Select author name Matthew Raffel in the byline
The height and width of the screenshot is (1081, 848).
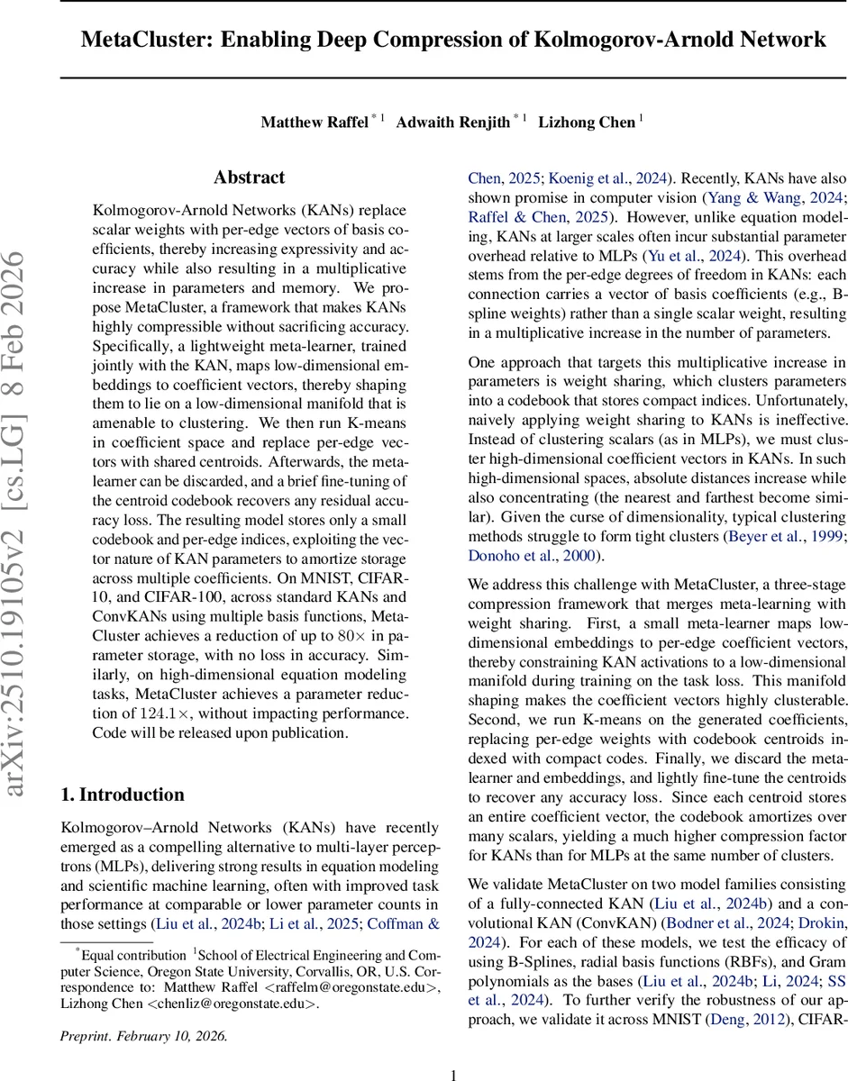pos(314,123)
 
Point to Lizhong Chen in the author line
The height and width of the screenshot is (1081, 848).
pos(586,123)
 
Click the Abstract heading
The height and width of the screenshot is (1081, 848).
pos(249,177)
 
